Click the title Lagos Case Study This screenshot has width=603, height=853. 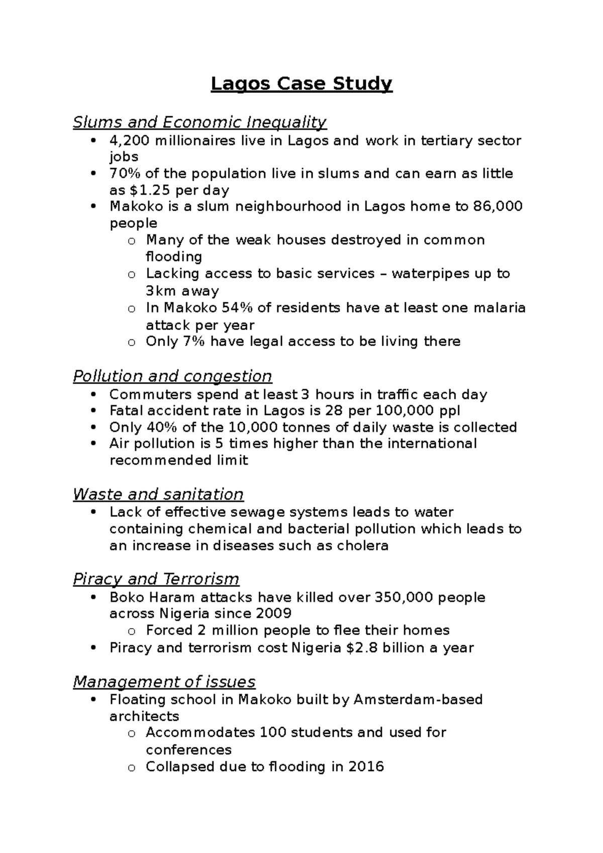(301, 83)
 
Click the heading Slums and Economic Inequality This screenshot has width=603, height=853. (199, 122)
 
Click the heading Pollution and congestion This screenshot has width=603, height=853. (172, 376)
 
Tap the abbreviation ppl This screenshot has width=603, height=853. (450, 411)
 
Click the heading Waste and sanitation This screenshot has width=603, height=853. (158, 494)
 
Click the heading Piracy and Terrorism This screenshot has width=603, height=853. (156, 579)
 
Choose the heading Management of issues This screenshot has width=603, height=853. (164, 682)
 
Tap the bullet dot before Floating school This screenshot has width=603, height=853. (93, 700)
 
